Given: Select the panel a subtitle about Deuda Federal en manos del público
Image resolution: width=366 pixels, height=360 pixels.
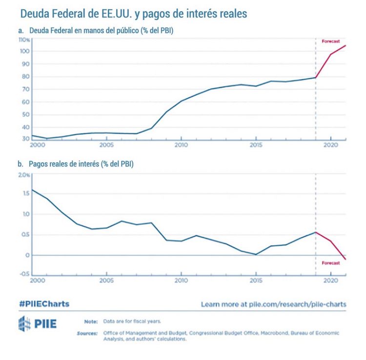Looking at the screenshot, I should (x=96, y=31).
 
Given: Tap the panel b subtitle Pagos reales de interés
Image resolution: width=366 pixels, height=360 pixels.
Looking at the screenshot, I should (x=76, y=164).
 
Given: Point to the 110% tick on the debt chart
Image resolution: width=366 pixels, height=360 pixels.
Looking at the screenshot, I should (x=24, y=39).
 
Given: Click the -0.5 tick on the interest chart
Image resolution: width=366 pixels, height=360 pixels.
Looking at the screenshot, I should (x=24, y=275).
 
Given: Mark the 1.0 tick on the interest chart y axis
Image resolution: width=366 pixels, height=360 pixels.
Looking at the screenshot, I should (x=26, y=214).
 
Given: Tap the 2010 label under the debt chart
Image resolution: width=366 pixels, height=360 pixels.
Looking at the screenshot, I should (x=181, y=146).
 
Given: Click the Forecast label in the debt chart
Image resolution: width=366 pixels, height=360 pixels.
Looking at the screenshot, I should (x=331, y=42).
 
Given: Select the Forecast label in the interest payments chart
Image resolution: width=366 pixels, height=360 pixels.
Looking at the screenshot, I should (x=331, y=263).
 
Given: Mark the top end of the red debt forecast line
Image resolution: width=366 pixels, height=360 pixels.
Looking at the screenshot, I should (x=346, y=45).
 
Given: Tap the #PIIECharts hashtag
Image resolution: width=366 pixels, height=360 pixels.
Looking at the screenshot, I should (x=44, y=304).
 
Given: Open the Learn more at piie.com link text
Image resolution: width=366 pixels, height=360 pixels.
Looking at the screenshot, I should (x=273, y=304).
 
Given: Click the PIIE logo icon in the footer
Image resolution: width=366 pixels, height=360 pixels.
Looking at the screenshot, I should (x=24, y=323).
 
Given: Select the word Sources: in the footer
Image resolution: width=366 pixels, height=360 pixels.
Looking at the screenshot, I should (x=88, y=333).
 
